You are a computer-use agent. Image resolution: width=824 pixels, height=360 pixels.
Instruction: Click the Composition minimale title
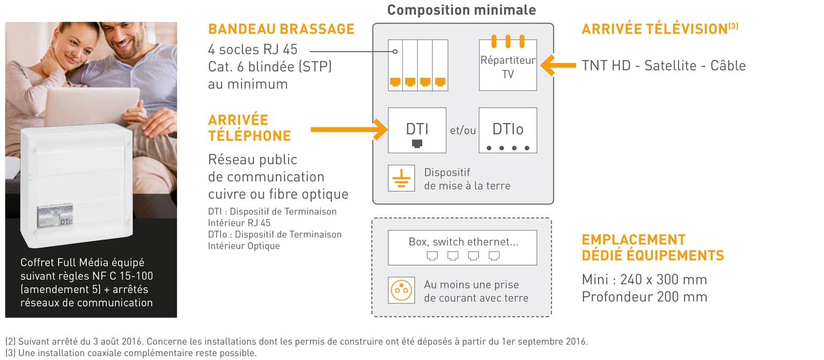click(x=461, y=10)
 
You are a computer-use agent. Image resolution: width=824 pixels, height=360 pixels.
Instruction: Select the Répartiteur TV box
click(x=507, y=65)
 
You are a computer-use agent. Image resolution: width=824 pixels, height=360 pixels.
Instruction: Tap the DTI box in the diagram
click(x=417, y=130)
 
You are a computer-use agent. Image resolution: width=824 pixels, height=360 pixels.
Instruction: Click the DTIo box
click(x=507, y=130)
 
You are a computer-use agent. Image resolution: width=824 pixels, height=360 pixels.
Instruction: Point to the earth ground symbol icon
click(x=401, y=178)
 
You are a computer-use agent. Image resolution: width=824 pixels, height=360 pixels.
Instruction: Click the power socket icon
click(x=401, y=290)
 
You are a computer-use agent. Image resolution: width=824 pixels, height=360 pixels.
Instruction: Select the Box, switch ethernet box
click(x=462, y=247)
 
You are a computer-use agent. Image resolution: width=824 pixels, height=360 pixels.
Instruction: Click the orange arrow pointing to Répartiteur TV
click(x=558, y=65)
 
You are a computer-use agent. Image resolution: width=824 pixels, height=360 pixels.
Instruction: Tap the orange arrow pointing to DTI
click(x=349, y=129)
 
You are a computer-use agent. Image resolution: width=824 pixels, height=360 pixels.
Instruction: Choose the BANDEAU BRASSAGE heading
click(x=281, y=29)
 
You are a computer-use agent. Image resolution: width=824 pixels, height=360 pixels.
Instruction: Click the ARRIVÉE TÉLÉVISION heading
click(x=660, y=28)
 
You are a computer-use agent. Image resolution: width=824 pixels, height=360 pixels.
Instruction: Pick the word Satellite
click(x=670, y=65)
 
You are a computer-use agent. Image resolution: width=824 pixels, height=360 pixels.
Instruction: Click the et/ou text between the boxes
click(x=463, y=130)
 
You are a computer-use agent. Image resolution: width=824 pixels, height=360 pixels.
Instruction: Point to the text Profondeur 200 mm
click(x=644, y=297)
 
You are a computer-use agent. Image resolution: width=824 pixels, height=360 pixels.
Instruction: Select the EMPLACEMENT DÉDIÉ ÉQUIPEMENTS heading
click(x=652, y=247)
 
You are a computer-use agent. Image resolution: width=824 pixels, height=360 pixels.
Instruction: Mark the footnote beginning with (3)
click(x=131, y=353)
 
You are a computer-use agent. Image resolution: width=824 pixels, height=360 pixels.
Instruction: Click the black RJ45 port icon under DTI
click(x=417, y=143)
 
